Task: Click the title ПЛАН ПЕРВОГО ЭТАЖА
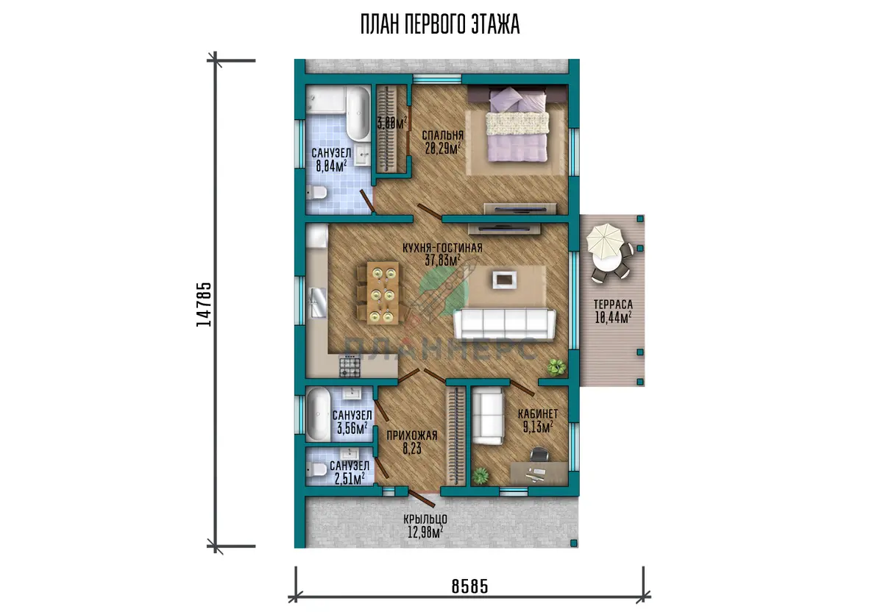point(440,24)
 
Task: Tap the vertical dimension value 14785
point(204,305)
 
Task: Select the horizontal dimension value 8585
point(470,586)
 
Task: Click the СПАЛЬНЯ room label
point(443,135)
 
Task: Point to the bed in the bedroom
point(518,124)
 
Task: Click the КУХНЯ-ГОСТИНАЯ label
point(442,248)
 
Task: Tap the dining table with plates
point(383,293)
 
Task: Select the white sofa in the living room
point(505,324)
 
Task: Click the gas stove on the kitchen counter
point(350,366)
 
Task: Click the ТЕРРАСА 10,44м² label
point(613,311)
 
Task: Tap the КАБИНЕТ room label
point(538,414)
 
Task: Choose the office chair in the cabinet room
point(539,455)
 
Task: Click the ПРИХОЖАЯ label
point(412,436)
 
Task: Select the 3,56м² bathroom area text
point(352,428)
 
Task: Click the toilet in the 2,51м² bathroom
point(316,469)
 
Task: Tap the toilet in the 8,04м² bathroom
point(316,193)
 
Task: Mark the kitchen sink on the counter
point(318,302)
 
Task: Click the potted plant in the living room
point(556,367)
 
